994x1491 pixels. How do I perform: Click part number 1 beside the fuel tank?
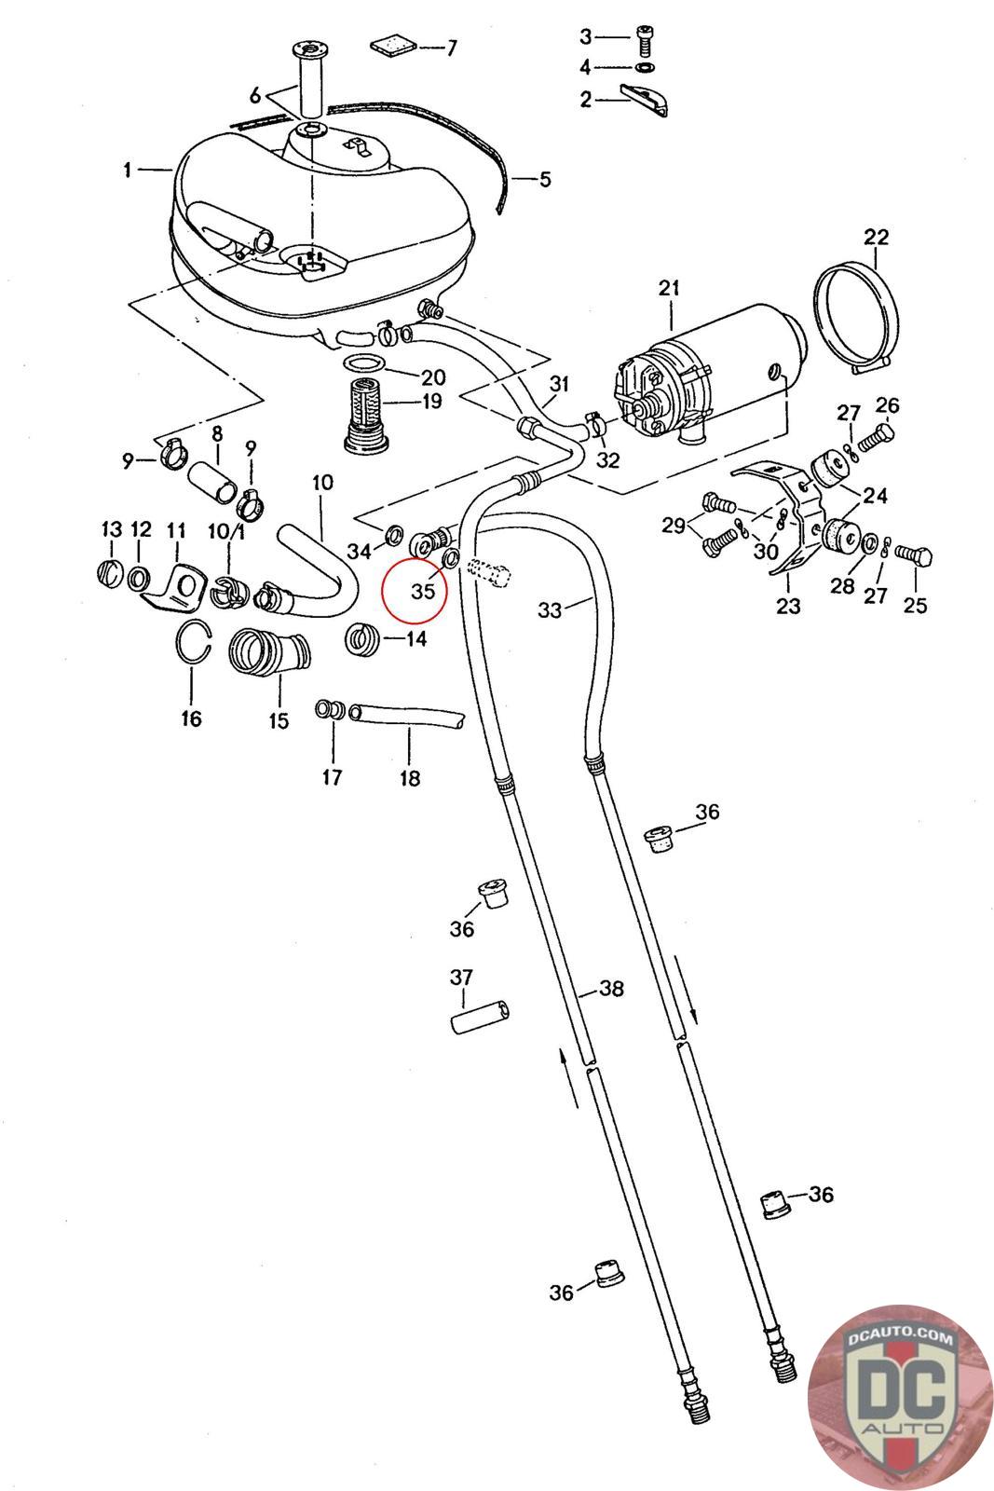(x=127, y=170)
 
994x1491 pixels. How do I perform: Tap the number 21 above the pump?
(x=670, y=288)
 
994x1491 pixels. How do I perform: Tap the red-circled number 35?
(x=423, y=592)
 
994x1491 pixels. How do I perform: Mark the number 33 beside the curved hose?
(x=550, y=610)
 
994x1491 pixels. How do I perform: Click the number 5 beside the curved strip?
(x=545, y=178)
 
